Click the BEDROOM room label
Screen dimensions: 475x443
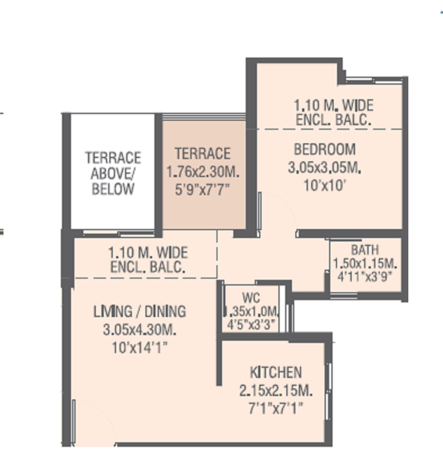tap(324, 149)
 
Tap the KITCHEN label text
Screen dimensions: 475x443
tap(276, 372)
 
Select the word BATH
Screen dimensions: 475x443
tap(365, 250)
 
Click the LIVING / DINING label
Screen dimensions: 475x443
tap(139, 311)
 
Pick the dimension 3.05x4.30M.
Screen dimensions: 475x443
tap(139, 330)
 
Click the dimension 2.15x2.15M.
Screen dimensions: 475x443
tap(276, 391)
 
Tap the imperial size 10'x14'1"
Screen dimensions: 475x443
tap(139, 348)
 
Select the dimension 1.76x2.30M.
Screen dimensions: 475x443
tap(203, 172)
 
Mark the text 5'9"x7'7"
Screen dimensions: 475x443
tap(203, 190)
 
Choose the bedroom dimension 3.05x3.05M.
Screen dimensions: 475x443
tap(324, 168)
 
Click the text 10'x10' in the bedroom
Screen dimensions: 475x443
tap(324, 186)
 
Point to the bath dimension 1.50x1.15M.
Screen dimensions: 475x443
tap(365, 264)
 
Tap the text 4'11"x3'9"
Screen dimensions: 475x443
tap(365, 277)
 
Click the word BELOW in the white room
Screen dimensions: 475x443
tap(113, 189)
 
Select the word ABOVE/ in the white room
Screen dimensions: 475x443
tap(113, 173)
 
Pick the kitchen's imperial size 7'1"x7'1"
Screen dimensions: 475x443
tap(276, 408)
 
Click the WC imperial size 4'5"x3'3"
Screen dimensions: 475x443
tap(251, 324)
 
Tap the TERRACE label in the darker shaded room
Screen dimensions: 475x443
tap(203, 154)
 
